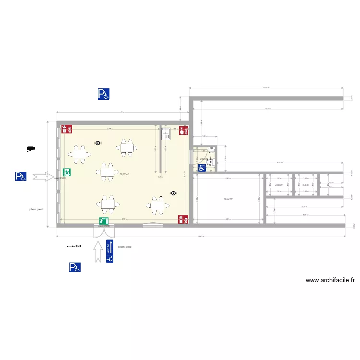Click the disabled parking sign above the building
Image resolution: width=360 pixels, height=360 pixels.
tap(103, 94)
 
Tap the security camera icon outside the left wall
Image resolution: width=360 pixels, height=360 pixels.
tap(31, 149)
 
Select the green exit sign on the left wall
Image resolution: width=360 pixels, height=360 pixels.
tap(67, 172)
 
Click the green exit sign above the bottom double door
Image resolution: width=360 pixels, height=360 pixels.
tap(103, 221)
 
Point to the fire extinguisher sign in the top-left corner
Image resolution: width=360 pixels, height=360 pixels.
tap(67, 129)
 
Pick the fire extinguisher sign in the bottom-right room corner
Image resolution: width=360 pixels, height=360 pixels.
tap(182, 219)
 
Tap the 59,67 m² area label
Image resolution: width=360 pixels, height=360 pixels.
tap(124, 174)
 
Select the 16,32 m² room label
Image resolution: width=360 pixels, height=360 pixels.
tap(228, 199)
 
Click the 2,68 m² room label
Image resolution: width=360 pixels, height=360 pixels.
tap(278, 184)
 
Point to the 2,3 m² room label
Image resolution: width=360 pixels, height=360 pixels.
tap(305, 184)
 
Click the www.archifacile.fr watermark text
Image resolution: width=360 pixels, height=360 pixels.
tap(330, 280)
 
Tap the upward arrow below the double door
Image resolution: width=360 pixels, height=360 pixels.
tap(99, 251)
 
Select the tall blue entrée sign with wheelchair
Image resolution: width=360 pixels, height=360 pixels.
tap(110, 251)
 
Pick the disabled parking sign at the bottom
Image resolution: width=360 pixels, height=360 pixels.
tap(74, 267)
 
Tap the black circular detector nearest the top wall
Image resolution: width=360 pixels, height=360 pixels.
tap(98, 143)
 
